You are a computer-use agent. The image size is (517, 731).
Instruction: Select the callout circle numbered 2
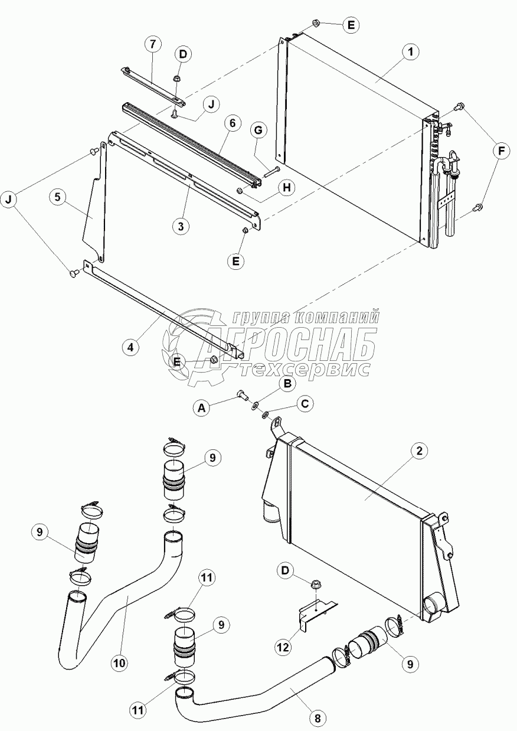[418, 452]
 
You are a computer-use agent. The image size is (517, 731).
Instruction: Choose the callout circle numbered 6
[232, 123]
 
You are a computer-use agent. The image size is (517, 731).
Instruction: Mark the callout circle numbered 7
[153, 44]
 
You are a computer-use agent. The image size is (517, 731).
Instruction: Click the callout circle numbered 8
[318, 718]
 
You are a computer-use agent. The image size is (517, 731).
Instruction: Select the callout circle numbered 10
[120, 663]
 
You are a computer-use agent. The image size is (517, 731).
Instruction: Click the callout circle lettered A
[202, 407]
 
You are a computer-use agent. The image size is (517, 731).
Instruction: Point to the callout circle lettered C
[305, 404]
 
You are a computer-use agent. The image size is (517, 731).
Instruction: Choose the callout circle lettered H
[286, 187]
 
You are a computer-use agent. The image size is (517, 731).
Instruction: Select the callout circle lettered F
[501, 152]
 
